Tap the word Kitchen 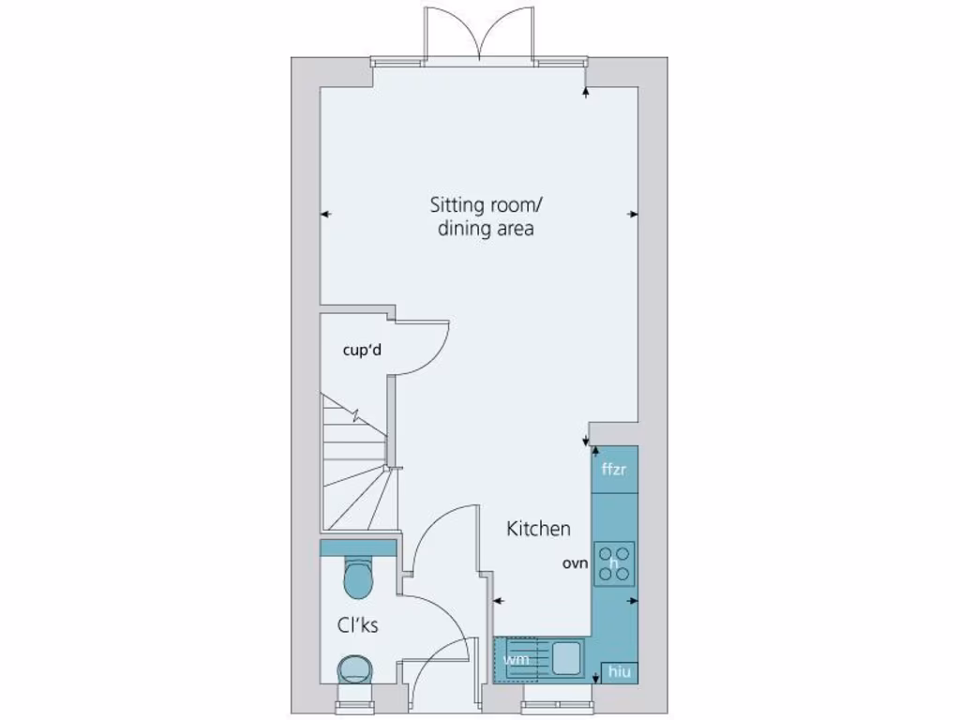[538, 529]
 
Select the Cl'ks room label [358, 625]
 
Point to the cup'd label [362, 352]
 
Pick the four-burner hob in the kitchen [614, 564]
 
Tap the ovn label [575, 564]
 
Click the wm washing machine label [516, 660]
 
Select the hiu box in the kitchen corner [619, 672]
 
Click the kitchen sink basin [566, 656]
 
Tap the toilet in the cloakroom [358, 577]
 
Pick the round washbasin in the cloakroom [355, 669]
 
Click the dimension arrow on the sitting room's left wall [325, 215]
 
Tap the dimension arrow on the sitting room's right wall [633, 215]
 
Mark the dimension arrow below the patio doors [586, 91]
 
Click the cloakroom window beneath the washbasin [355, 697]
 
